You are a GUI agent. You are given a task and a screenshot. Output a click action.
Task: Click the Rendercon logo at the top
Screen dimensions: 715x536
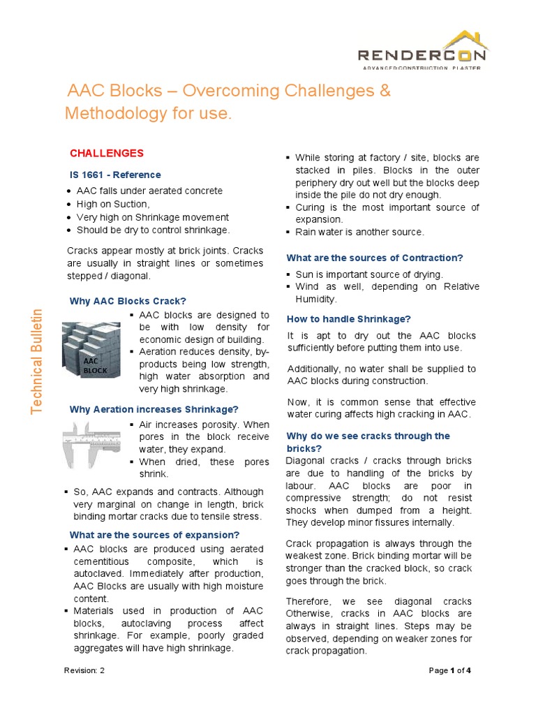(x=423, y=52)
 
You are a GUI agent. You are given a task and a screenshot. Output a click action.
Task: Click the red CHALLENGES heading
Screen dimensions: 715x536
(x=107, y=153)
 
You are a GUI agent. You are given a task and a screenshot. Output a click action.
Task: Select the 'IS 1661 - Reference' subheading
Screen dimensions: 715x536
(x=114, y=175)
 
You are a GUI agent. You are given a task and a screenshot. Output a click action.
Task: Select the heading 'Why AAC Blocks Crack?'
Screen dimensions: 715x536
(x=128, y=301)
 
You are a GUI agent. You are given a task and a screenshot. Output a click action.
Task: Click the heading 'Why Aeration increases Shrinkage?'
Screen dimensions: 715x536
(x=154, y=408)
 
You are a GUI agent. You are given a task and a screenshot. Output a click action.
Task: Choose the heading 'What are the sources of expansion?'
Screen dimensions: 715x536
(x=154, y=535)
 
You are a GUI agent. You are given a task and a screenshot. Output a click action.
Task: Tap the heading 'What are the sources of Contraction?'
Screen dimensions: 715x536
(x=375, y=258)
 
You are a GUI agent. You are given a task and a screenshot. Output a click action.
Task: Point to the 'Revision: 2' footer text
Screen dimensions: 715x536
(x=86, y=670)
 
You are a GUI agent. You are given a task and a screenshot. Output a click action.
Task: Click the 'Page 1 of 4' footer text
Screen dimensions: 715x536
(x=450, y=670)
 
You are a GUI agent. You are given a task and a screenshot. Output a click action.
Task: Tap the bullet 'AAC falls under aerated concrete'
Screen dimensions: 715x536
(x=149, y=191)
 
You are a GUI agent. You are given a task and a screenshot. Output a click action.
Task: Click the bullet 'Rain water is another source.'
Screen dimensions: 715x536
(x=359, y=232)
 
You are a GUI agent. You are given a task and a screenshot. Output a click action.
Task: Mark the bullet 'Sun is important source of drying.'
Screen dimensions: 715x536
(x=368, y=274)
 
